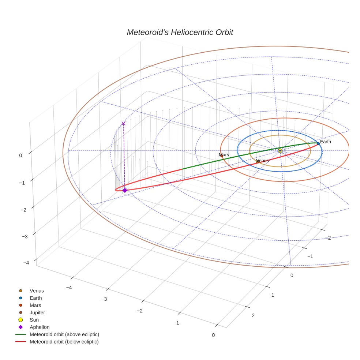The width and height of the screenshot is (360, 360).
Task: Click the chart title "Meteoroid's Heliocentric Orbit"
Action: point(180,32)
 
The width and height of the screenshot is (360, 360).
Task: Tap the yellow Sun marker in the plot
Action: point(280,151)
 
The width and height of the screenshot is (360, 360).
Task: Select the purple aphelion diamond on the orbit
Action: point(125,190)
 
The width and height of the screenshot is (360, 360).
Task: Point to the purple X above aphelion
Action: point(123,123)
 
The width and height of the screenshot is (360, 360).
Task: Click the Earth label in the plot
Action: point(325,142)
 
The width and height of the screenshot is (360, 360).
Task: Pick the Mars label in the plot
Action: point(224,155)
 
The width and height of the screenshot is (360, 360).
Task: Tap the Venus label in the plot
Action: point(262,161)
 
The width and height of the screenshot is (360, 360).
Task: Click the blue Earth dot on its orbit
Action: point(318,143)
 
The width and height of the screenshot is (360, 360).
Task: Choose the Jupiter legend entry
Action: point(37,312)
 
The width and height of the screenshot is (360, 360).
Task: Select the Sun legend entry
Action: point(34,320)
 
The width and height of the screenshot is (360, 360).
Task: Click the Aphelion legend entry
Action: point(40,327)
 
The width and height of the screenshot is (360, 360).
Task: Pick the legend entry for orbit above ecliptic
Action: point(64,334)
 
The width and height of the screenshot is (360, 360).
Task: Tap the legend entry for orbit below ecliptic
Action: point(64,342)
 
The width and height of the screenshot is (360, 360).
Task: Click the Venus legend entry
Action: point(37,290)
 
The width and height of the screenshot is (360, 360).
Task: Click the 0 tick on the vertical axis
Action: point(20,155)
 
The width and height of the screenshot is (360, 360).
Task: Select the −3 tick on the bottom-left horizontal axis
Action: point(104,299)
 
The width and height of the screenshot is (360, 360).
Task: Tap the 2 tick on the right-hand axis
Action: point(253,316)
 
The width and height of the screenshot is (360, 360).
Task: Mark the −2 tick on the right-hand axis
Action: point(328,238)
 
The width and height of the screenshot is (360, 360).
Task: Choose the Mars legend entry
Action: point(35,305)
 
